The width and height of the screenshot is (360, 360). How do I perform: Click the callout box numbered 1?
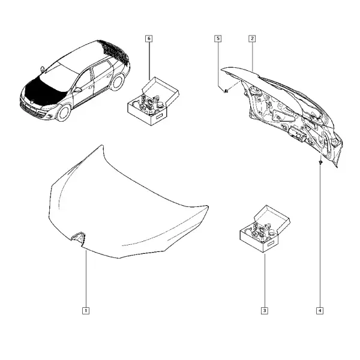point(86,311)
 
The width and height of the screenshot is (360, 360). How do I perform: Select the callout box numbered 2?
point(252,38)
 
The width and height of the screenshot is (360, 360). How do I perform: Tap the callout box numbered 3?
point(265,311)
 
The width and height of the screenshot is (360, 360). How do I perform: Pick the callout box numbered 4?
point(320,311)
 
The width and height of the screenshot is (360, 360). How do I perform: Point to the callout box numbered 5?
point(218,38)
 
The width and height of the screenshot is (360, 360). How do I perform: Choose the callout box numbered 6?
point(149,38)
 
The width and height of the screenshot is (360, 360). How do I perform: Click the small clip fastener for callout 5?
point(226,91)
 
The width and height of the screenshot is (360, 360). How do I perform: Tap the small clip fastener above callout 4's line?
point(320,163)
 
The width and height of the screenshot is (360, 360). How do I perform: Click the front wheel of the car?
point(63,113)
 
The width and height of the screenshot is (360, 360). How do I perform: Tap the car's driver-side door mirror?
point(77,90)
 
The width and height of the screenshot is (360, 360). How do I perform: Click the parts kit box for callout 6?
point(153,101)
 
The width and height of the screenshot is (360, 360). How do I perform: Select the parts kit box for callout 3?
point(265,229)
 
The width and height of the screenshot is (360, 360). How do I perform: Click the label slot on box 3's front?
point(270,244)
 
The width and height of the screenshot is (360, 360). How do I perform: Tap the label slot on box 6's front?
point(158,116)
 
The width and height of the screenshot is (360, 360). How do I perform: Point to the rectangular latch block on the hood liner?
point(296,133)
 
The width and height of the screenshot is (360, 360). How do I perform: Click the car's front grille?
point(31,110)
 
